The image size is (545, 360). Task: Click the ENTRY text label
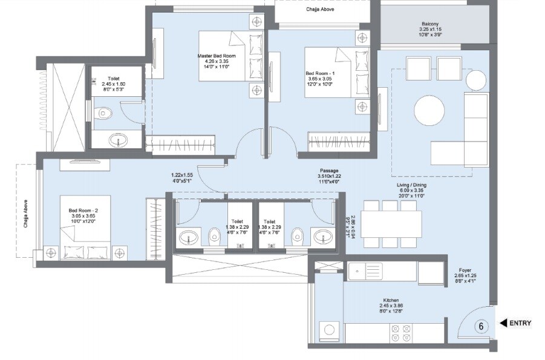(520, 323)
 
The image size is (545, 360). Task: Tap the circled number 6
(481, 326)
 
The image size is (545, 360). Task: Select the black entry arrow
(502, 323)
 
